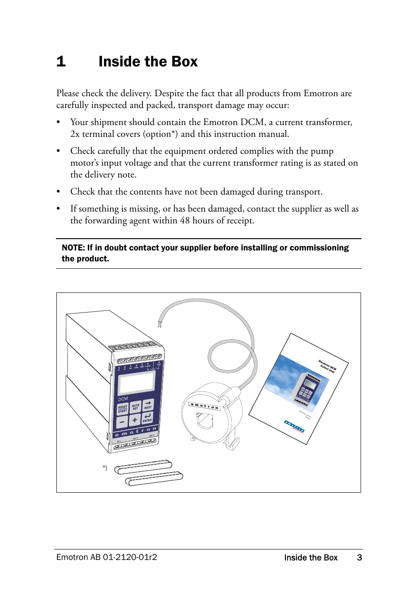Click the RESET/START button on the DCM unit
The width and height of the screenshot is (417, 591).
pos(123,409)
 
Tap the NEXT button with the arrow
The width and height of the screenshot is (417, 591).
pos(148,405)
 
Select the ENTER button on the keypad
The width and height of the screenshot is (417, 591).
pos(147,418)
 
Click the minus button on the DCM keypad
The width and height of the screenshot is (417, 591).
pos(122,422)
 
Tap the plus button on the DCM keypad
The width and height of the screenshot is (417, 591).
pos(135,420)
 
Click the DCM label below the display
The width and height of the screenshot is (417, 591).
pos(123,399)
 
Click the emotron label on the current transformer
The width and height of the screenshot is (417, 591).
pos(204,406)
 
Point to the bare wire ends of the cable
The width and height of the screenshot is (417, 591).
pos(160,324)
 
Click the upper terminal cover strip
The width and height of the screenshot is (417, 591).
pos(143,467)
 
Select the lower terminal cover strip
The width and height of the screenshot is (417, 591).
pos(154,479)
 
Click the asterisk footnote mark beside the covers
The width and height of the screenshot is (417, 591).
pos(105,468)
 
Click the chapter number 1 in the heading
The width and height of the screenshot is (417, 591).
pos(61,62)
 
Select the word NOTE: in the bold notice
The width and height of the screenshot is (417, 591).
pos(73,248)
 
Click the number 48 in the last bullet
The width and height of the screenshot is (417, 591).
pos(185,221)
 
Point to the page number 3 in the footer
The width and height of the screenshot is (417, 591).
pos(359,557)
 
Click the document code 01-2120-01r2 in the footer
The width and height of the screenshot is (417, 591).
pos(130,557)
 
